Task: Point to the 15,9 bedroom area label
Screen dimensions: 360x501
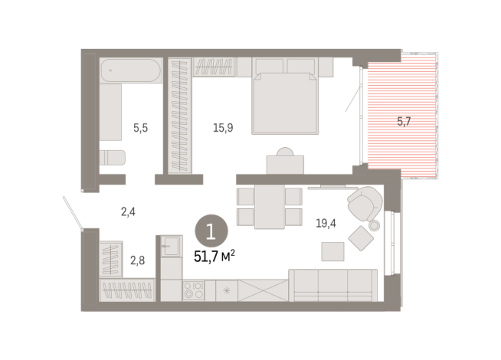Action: [x=223, y=129]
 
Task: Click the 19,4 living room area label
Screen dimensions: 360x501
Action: [x=327, y=224]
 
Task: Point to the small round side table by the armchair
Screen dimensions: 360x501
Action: [x=374, y=225]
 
